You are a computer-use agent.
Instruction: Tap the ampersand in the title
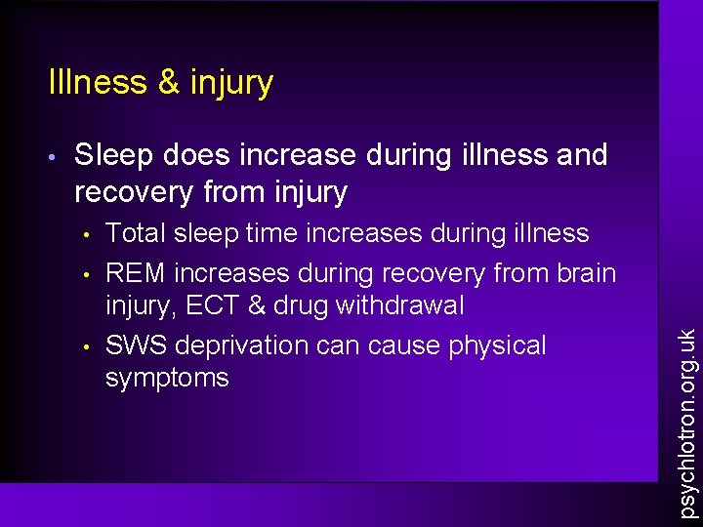point(168,82)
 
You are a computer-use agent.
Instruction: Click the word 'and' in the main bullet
point(582,154)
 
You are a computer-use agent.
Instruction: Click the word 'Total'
point(135,233)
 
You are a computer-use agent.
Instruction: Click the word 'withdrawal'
point(399,305)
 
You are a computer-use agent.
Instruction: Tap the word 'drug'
point(300,305)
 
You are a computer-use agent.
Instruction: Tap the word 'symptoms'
point(167,378)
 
